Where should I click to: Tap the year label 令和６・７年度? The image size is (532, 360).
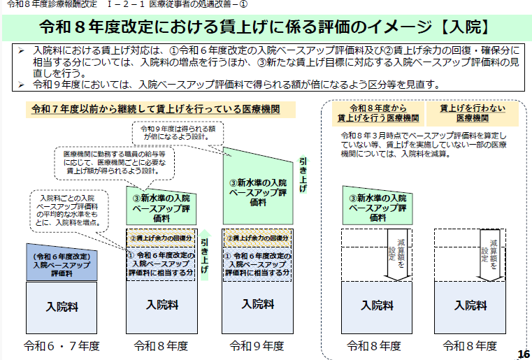pos(62,345)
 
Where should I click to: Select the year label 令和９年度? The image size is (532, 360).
pos(257,345)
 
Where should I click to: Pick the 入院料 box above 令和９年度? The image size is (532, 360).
pos(257,304)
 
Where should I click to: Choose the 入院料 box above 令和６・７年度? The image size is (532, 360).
pos(62,306)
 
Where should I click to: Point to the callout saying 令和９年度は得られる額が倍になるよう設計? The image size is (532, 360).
pos(177,133)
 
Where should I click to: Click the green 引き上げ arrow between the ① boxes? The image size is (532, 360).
pos(206,254)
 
